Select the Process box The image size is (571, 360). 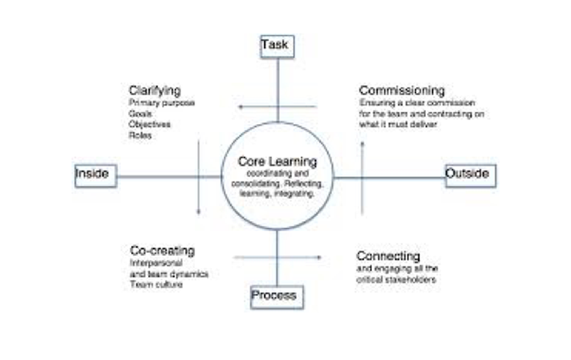click(x=276, y=296)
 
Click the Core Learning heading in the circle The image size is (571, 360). click(x=277, y=162)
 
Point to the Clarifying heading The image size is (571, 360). click(x=154, y=91)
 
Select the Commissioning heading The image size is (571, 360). click(x=402, y=91)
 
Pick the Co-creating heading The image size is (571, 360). click(x=162, y=251)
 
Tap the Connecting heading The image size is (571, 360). click(x=388, y=256)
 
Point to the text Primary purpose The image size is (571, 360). click(x=162, y=103)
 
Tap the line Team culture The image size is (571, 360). click(x=157, y=285)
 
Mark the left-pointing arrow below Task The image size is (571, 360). click(x=276, y=107)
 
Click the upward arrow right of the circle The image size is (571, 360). click(x=363, y=177)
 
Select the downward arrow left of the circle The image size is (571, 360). click(x=198, y=177)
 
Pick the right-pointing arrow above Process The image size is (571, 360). click(x=278, y=257)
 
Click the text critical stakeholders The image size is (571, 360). click(x=396, y=281)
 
